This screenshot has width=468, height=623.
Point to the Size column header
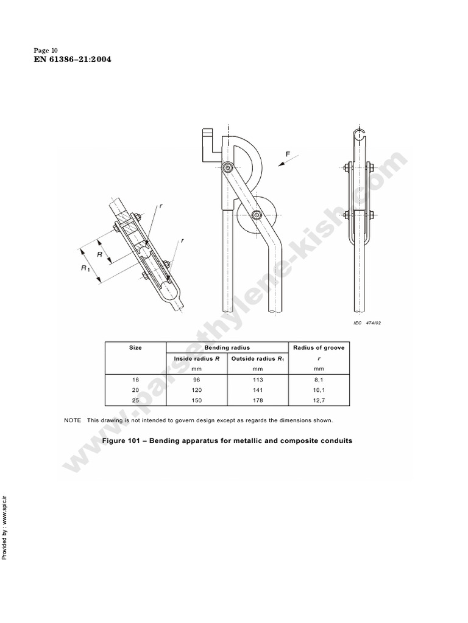(x=135, y=348)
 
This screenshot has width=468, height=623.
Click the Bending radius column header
(x=227, y=348)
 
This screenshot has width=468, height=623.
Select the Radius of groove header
(x=319, y=348)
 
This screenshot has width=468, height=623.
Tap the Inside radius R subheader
(x=196, y=359)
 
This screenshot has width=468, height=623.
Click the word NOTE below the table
(x=73, y=420)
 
